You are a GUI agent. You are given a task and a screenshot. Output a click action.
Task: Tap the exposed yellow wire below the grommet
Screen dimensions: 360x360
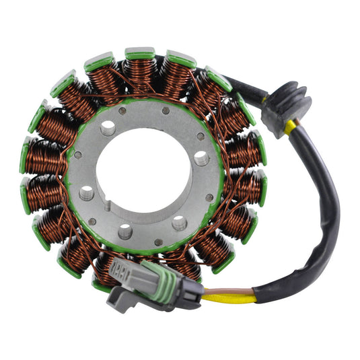click(290, 128)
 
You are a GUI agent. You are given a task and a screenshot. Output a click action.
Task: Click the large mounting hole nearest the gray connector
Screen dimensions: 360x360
click(125, 232)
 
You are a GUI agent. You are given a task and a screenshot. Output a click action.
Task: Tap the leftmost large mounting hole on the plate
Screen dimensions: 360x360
click(85, 194)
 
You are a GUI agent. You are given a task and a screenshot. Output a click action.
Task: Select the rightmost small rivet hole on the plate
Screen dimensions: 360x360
click(210, 198)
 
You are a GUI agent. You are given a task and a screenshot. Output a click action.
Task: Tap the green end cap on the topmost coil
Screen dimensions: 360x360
click(141, 53)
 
